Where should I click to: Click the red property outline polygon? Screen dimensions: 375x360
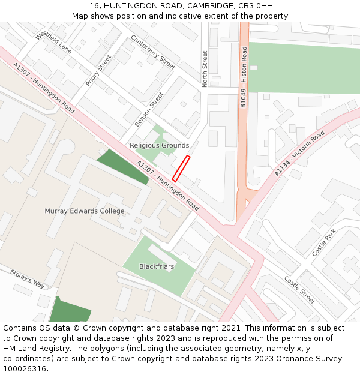tap(181, 169)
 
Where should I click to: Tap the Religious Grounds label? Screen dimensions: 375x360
tap(159, 145)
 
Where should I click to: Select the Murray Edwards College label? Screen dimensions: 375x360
tap(85, 211)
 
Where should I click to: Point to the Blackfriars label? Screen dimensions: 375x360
tap(157, 266)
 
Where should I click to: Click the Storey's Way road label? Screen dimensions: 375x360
tap(28, 279)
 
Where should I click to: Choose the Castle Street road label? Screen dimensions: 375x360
tap(299, 290)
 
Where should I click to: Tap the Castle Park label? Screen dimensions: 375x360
tap(324, 242)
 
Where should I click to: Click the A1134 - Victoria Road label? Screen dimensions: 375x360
tap(300, 153)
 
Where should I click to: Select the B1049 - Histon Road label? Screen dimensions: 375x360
tap(244, 77)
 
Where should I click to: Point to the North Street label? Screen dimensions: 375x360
tap(205, 69)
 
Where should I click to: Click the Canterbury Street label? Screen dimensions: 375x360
tap(153, 52)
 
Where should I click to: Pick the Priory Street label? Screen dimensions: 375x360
tap(98, 71)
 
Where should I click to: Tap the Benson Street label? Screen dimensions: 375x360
tap(149, 109)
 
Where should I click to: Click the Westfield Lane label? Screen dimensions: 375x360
tap(53, 43)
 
